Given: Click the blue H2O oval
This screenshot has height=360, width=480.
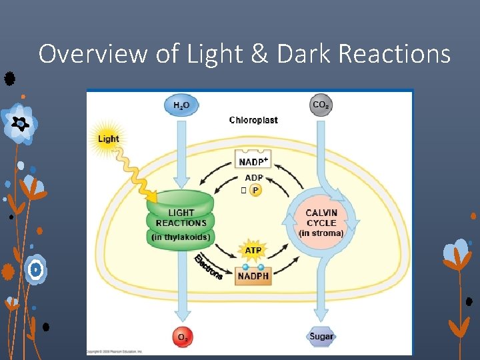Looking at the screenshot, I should (x=181, y=105).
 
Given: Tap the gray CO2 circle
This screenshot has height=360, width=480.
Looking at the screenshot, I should (x=321, y=105).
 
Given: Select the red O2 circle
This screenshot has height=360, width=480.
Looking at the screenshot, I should (x=181, y=337).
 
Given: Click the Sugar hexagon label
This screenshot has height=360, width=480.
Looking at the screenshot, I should (x=321, y=337).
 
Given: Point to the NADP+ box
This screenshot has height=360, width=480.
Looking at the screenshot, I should (x=253, y=159).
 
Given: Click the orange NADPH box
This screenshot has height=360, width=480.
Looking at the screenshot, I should (x=253, y=275).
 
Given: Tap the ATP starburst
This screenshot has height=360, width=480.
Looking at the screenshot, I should (x=253, y=251).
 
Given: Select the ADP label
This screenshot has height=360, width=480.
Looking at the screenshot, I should (x=254, y=178).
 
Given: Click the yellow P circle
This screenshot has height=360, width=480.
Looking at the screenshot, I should (x=255, y=191).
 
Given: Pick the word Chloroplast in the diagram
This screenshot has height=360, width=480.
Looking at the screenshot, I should (x=253, y=121).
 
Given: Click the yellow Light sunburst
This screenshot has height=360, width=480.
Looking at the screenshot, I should (x=108, y=139).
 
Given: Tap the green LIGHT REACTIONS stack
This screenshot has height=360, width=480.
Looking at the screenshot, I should (x=181, y=220).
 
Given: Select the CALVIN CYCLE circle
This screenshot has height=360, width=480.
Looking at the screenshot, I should (x=321, y=222).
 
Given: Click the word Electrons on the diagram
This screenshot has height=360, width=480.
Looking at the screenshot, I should (x=208, y=267).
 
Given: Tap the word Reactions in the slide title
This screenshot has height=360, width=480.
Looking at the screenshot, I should (x=395, y=53).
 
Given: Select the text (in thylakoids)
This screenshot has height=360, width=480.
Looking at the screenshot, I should (x=181, y=237).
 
